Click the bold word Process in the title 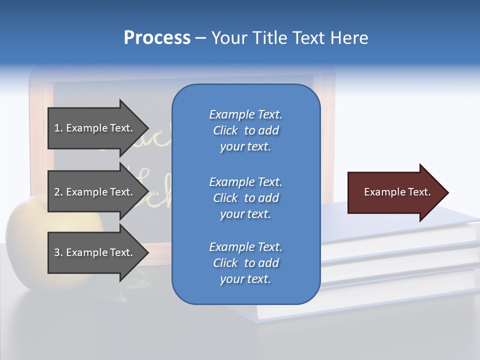[157, 38]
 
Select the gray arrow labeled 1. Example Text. [93, 128]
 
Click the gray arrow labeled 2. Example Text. [93, 192]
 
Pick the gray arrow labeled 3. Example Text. [93, 252]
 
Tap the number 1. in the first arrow [58, 128]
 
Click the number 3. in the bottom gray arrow [58, 252]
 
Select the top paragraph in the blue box [245, 130]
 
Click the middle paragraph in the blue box [245, 198]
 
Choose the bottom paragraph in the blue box [245, 263]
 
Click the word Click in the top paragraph [225, 130]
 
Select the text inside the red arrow [397, 192]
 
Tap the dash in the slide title [200, 38]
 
